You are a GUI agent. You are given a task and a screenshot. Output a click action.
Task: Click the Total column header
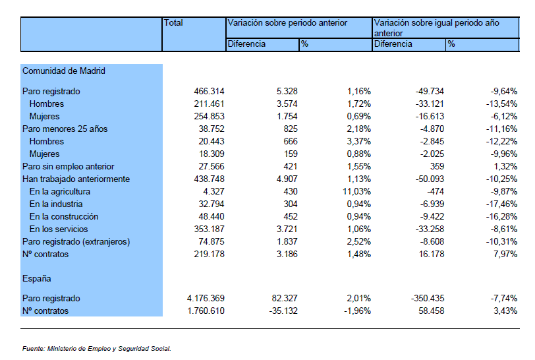pyautogui.click(x=173, y=23)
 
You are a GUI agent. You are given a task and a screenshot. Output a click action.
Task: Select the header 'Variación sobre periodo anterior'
pyautogui.click(x=287, y=23)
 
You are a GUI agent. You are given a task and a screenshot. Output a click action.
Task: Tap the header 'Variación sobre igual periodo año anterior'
pyautogui.click(x=437, y=28)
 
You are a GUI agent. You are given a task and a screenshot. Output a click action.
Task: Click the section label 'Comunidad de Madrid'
pyautogui.click(x=64, y=71)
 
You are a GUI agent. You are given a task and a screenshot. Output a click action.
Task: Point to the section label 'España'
pyautogui.click(x=36, y=279)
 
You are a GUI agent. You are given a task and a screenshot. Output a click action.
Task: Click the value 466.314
pyautogui.click(x=209, y=92)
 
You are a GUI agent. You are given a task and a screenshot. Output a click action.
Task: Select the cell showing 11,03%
pyautogui.click(x=357, y=192)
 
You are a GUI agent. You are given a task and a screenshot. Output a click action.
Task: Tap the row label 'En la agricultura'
pyautogui.click(x=60, y=192)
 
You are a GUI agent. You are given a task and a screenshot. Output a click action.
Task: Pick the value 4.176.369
pyautogui.click(x=206, y=299)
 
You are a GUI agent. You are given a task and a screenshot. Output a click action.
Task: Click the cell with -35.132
pyautogui.click(x=283, y=311)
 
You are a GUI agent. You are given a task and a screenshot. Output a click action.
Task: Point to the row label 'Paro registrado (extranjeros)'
pyautogui.click(x=76, y=242)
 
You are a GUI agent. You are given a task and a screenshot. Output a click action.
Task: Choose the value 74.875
pyautogui.click(x=211, y=242)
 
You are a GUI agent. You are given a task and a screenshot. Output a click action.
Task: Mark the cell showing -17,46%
pyautogui.click(x=501, y=204)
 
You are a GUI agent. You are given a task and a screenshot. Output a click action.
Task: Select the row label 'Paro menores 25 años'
pyautogui.click(x=65, y=129)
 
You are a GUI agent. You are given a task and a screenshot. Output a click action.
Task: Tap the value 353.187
pyautogui.click(x=209, y=229)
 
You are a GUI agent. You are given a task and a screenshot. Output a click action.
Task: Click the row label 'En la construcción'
pyautogui.click(x=64, y=216)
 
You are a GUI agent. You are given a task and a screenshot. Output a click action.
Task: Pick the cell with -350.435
pyautogui.click(x=428, y=299)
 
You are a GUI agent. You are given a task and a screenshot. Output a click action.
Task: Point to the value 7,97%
pyautogui.click(x=505, y=255)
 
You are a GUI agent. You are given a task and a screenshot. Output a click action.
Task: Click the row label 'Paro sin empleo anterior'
pyautogui.click(x=69, y=167)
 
